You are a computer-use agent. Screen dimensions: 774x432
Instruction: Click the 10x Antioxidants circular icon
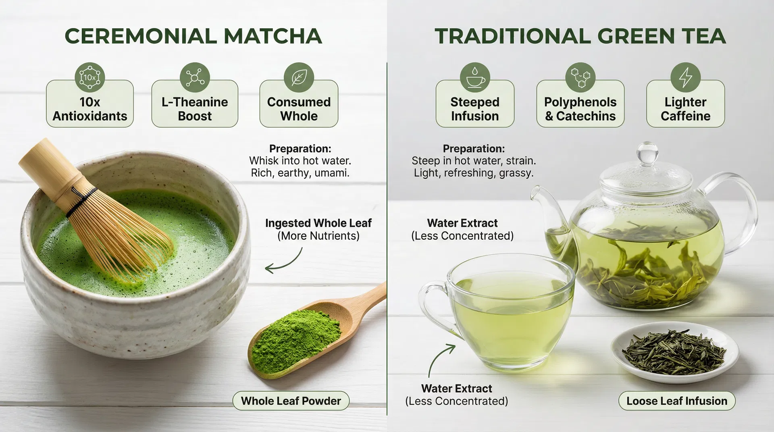click(x=89, y=77)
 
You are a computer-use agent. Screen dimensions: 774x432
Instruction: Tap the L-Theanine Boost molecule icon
click(x=195, y=77)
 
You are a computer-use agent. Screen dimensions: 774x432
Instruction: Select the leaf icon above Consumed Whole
click(x=299, y=77)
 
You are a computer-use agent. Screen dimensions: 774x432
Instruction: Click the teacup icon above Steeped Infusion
click(x=475, y=77)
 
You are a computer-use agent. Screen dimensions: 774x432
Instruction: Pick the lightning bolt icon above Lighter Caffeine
click(x=685, y=77)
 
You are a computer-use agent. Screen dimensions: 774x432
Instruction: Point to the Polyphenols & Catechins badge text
click(x=580, y=109)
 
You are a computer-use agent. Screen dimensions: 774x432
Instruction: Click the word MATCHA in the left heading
click(x=273, y=36)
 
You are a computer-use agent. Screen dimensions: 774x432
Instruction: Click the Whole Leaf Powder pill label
click(x=291, y=401)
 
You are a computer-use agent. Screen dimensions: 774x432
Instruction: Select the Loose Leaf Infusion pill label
click(x=677, y=401)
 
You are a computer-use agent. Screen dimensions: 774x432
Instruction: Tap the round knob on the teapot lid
click(x=647, y=152)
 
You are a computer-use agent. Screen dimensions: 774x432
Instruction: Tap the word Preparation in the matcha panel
click(x=300, y=149)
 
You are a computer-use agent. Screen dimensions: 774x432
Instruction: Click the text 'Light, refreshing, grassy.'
click(x=474, y=173)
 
